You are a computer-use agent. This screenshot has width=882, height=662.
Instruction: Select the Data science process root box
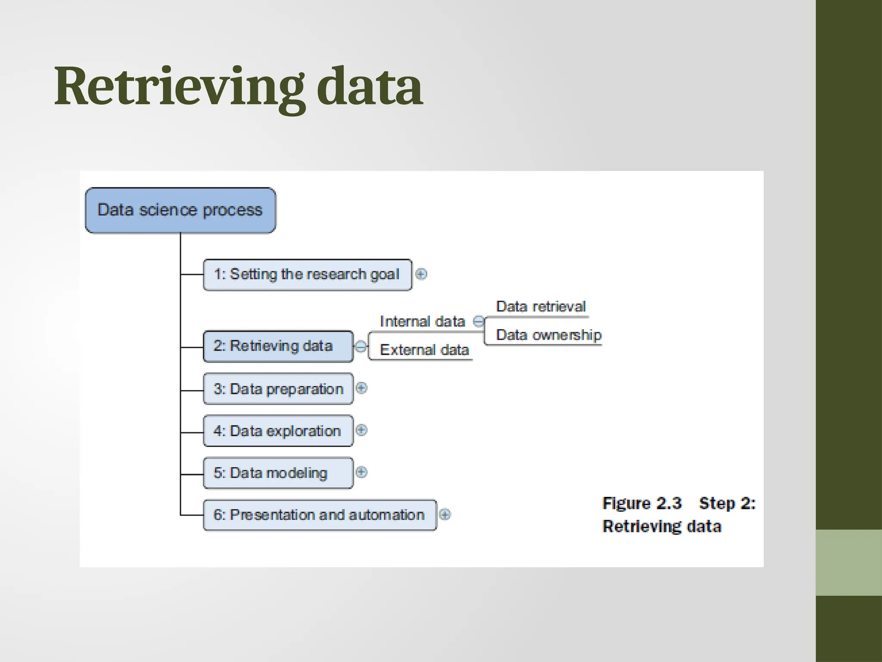click(x=180, y=210)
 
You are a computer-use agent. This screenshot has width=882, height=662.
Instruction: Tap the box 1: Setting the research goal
click(x=307, y=275)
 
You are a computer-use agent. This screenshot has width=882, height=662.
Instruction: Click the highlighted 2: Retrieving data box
click(x=278, y=346)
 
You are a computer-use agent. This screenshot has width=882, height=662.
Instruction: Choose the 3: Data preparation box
click(x=278, y=389)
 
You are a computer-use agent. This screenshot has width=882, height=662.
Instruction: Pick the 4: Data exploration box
click(x=278, y=431)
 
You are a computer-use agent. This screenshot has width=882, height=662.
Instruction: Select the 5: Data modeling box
click(x=278, y=473)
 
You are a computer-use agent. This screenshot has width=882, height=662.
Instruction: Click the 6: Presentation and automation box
click(x=319, y=515)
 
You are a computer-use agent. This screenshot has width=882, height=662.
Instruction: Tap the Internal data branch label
click(x=422, y=322)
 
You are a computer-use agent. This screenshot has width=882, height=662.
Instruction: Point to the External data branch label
click(x=424, y=350)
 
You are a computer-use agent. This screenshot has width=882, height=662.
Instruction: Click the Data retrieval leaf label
click(x=540, y=306)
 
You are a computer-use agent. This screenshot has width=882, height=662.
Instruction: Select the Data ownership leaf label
click(x=548, y=335)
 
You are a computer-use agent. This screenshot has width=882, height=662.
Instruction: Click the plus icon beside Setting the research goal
click(x=421, y=274)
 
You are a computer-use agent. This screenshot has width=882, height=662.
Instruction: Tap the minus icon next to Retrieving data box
click(x=361, y=346)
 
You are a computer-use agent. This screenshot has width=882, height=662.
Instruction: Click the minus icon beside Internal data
click(x=478, y=322)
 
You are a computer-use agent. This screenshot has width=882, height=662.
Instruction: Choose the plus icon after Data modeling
click(x=361, y=472)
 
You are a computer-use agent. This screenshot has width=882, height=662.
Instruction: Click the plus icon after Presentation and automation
click(x=445, y=514)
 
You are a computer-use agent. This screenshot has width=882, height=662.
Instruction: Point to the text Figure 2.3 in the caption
click(x=642, y=503)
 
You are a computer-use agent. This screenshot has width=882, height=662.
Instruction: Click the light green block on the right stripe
click(x=848, y=562)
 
